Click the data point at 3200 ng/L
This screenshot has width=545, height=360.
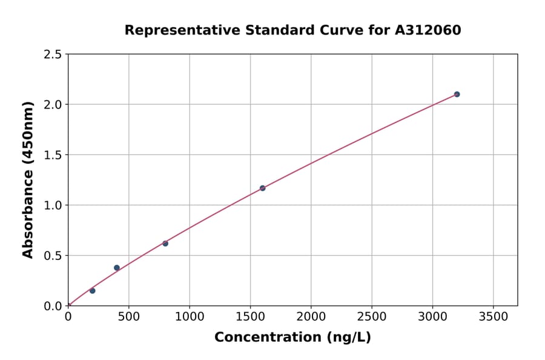pyautogui.click(x=457, y=94)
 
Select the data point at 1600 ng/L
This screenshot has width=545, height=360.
pyautogui.click(x=262, y=188)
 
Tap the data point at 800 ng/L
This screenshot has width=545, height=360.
pyautogui.click(x=165, y=243)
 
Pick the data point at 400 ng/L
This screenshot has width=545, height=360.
pyautogui.click(x=117, y=267)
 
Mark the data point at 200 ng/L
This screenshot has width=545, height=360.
pyautogui.click(x=92, y=290)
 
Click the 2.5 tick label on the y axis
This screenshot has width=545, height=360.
pyautogui.click(x=53, y=55)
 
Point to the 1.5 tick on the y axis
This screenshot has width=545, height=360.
pyautogui.click(x=53, y=155)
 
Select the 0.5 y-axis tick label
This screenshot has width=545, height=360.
pyautogui.click(x=53, y=256)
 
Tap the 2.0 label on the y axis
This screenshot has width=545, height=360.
pyautogui.click(x=53, y=105)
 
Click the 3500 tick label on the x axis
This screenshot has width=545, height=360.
pyautogui.click(x=493, y=316)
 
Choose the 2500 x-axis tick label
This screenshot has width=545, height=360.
pyautogui.click(x=372, y=316)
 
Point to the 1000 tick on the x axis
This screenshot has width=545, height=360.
pyautogui.click(x=190, y=316)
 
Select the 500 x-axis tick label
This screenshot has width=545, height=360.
pyautogui.click(x=128, y=316)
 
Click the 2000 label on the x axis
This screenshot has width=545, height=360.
pyautogui.click(x=311, y=316)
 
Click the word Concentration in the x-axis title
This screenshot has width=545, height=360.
pyautogui.click(x=267, y=337)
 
